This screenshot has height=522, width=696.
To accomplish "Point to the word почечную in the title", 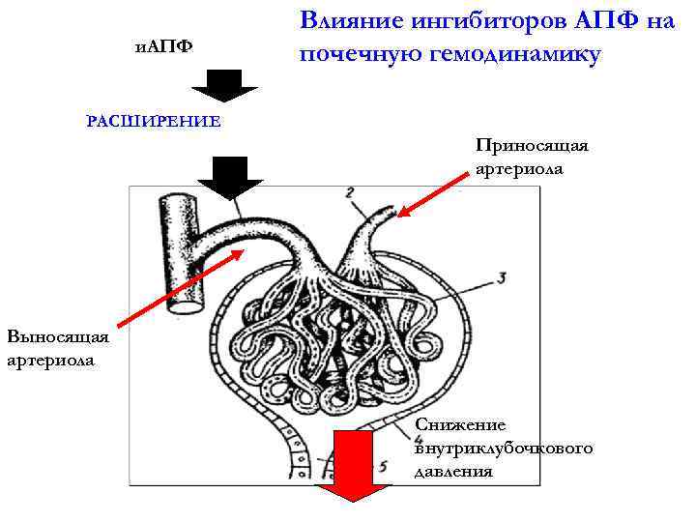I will coord(361,55).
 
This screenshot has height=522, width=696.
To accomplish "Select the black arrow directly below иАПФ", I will coord(228,86).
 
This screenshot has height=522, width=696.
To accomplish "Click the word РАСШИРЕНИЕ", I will coord(154,122).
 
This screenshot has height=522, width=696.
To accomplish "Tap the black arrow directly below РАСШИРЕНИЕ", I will coord(230,176).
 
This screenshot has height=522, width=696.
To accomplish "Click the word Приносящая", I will coord(532,145).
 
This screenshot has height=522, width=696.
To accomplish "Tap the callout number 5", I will coord(384,467).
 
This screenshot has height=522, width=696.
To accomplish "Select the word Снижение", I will coord(459,424).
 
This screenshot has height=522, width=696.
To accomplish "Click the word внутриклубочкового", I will coord(503,449).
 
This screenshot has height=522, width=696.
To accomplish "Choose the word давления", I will coord(453,473).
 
